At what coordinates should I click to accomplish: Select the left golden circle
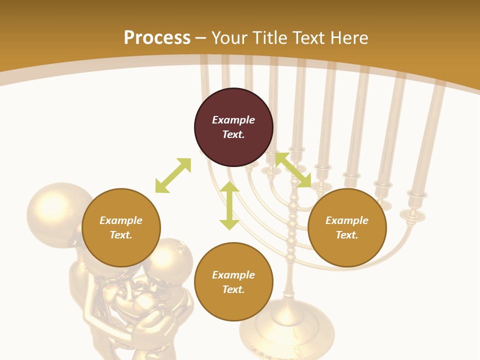coord(121,227)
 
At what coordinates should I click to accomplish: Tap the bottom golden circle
coord(233,282)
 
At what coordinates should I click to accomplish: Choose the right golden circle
coord(347,227)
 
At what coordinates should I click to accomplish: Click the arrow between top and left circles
coord(173,175)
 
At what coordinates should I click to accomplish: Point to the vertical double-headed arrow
coord(229,205)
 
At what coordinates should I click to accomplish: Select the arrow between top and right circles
coord(293,170)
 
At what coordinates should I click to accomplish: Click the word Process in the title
coord(157,37)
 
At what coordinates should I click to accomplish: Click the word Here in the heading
coord(349,37)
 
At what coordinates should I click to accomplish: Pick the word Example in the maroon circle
coord(233,120)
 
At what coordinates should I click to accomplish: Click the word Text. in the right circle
coord(347,235)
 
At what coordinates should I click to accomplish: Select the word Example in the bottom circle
coord(233,275)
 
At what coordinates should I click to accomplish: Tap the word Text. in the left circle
coord(121,235)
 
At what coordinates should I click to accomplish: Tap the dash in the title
coord(201,38)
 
